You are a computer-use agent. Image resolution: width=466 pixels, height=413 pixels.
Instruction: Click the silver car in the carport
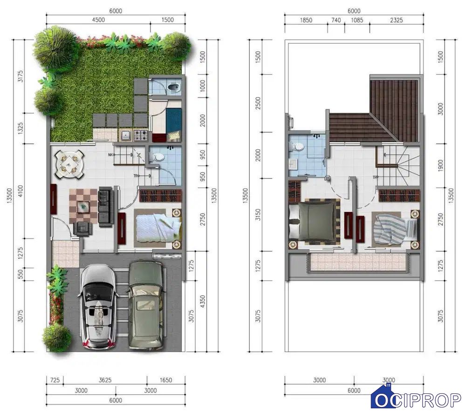tap(97, 307)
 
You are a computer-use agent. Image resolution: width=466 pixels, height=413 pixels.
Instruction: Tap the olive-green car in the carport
tap(146, 305)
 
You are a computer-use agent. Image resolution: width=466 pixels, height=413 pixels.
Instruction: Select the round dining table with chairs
tap(69, 165)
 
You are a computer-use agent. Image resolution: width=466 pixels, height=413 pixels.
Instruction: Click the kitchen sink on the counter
tap(126, 136)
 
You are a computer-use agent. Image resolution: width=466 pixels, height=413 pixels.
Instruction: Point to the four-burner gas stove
tap(141, 136)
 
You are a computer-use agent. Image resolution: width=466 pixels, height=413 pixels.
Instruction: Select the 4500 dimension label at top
tap(98, 20)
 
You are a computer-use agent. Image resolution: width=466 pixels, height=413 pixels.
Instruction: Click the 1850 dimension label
tap(306, 20)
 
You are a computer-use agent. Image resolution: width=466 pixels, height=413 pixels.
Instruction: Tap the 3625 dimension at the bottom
tap(105, 380)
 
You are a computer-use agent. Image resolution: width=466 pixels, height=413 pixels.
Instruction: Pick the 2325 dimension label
tap(397, 20)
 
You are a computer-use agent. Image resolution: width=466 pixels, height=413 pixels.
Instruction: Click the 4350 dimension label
tap(202, 301)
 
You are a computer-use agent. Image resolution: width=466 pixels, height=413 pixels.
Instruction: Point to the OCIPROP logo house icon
tap(386, 396)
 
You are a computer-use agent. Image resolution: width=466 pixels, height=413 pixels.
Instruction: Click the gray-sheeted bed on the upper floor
tap(315, 221)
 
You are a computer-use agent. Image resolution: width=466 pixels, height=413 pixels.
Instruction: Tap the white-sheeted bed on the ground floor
tap(158, 228)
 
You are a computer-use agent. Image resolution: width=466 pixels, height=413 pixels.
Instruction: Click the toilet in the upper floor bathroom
tap(297, 147)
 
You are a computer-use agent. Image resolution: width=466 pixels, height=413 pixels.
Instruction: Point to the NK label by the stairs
tap(111, 155)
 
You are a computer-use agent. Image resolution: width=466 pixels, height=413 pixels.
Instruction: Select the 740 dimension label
tap(336, 20)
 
